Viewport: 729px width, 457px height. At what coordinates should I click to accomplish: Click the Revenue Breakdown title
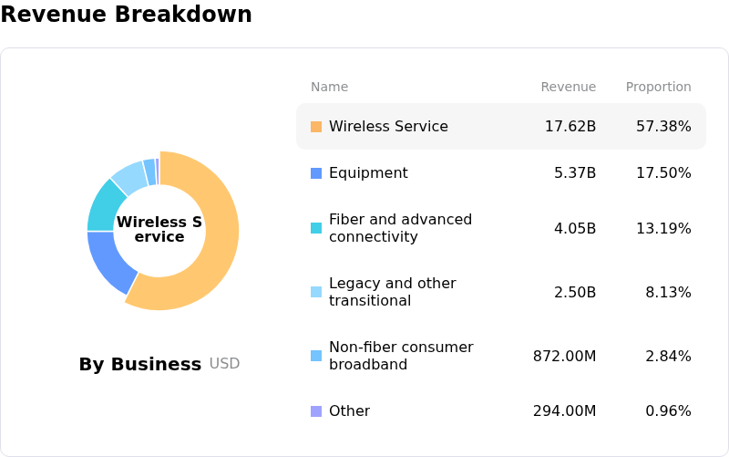coord(126,16)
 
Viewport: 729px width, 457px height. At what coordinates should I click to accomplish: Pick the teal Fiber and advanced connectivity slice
coord(104,204)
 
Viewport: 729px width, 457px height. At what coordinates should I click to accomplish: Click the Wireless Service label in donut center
coord(159,230)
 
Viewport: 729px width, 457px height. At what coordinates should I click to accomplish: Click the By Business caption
coord(139,365)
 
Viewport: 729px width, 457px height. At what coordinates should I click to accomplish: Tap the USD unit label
coord(224,364)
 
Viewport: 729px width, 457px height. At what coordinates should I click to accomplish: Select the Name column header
coord(329,88)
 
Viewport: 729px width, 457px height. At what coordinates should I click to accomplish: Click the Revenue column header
coord(568,88)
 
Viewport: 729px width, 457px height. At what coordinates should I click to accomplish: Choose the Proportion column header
coord(658,88)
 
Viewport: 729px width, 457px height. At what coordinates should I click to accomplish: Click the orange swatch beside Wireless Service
coord(316,127)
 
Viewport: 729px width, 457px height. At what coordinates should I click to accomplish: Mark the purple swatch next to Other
coord(316,411)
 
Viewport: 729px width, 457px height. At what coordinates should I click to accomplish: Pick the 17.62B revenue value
coord(570,127)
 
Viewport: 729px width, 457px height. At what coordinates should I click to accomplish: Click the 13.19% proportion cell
coord(663,228)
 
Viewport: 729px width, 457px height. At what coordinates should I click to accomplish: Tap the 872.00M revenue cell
coord(564,356)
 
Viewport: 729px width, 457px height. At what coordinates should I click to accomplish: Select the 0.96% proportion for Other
coord(668,411)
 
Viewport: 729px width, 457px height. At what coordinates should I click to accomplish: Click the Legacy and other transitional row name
coord(392,292)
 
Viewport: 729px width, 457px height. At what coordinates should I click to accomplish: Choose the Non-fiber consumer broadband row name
coord(400,356)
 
